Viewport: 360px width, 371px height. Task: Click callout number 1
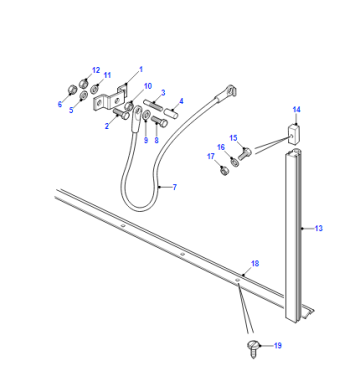coord(141,69)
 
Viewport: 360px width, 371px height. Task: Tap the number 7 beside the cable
coord(175,187)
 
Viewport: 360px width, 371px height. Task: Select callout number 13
coord(319,228)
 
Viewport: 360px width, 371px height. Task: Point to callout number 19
coord(278,346)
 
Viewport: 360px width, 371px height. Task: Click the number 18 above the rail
coord(255,264)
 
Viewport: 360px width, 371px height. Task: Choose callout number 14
coord(297,109)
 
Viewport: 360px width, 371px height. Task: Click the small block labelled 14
coord(294,134)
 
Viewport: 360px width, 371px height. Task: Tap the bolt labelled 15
coord(245,154)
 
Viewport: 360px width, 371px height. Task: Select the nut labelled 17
coord(225,172)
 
